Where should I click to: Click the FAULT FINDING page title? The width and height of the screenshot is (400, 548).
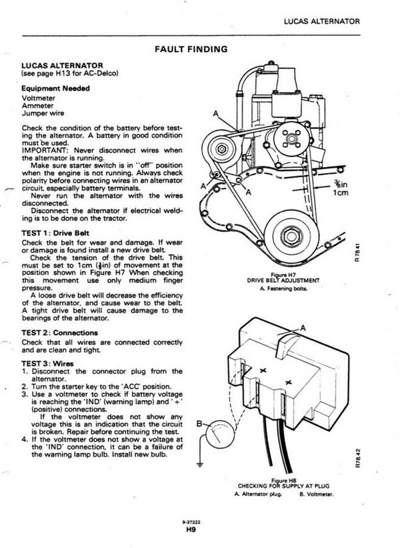pyautogui.click(x=191, y=49)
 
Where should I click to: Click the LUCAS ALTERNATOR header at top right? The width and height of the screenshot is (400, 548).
pyautogui.click(x=321, y=21)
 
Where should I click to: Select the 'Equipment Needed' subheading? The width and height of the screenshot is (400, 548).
pyautogui.click(x=55, y=89)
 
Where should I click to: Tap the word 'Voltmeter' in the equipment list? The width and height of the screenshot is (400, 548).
pyautogui.click(x=38, y=98)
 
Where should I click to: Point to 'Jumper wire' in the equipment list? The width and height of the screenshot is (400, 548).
pyautogui.click(x=43, y=113)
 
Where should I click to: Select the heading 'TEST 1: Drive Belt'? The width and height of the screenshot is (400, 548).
pyautogui.click(x=55, y=233)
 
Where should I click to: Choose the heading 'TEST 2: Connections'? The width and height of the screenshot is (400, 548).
pyautogui.click(x=59, y=333)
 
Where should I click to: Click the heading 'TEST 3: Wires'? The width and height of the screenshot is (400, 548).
pyautogui.click(x=47, y=364)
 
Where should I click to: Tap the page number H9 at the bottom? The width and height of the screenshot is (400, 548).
pyautogui.click(x=191, y=530)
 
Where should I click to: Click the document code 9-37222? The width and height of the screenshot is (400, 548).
pyautogui.click(x=191, y=523)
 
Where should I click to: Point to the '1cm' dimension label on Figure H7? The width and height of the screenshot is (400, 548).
pyautogui.click(x=341, y=192)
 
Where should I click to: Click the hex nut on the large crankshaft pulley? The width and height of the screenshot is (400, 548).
pyautogui.click(x=291, y=236)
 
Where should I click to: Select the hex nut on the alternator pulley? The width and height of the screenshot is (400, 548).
pyautogui.click(x=222, y=149)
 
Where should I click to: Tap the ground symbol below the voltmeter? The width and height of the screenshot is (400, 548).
pyautogui.click(x=201, y=465)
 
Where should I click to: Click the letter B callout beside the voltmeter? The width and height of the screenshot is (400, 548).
pyautogui.click(x=199, y=424)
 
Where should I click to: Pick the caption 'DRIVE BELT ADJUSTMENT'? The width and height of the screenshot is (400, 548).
pyautogui.click(x=283, y=280)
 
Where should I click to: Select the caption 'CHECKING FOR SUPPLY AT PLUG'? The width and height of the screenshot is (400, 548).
pyautogui.click(x=283, y=486)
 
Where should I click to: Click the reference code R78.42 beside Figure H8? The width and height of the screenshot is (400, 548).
pyautogui.click(x=357, y=458)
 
